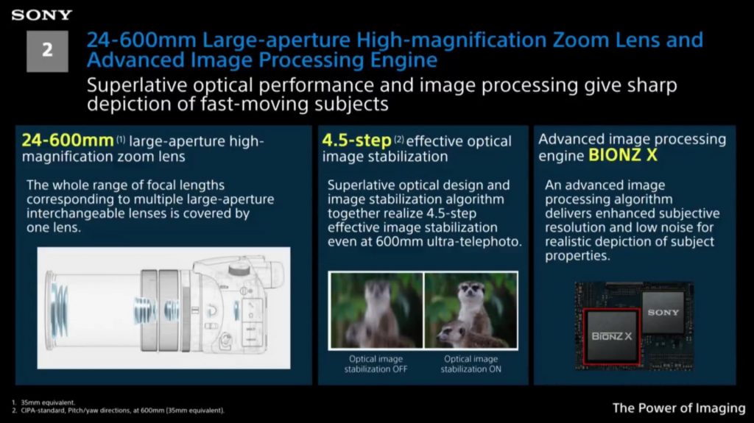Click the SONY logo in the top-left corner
[x=42, y=15]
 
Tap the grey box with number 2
[x=47, y=51]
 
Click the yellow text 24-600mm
[x=68, y=141]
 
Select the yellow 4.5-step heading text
[x=356, y=141]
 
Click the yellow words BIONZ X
[x=623, y=155]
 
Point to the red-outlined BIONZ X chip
[x=612, y=336]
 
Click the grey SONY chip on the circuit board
[x=663, y=313]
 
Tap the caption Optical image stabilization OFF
[x=376, y=364]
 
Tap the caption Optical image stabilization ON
[x=471, y=364]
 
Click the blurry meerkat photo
[x=376, y=310]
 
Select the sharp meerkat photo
[x=471, y=310]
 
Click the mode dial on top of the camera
[x=239, y=267]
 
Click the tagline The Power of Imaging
[x=678, y=408]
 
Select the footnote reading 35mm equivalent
[x=48, y=402]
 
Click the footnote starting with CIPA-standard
[x=122, y=410]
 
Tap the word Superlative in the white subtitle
[x=136, y=85]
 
